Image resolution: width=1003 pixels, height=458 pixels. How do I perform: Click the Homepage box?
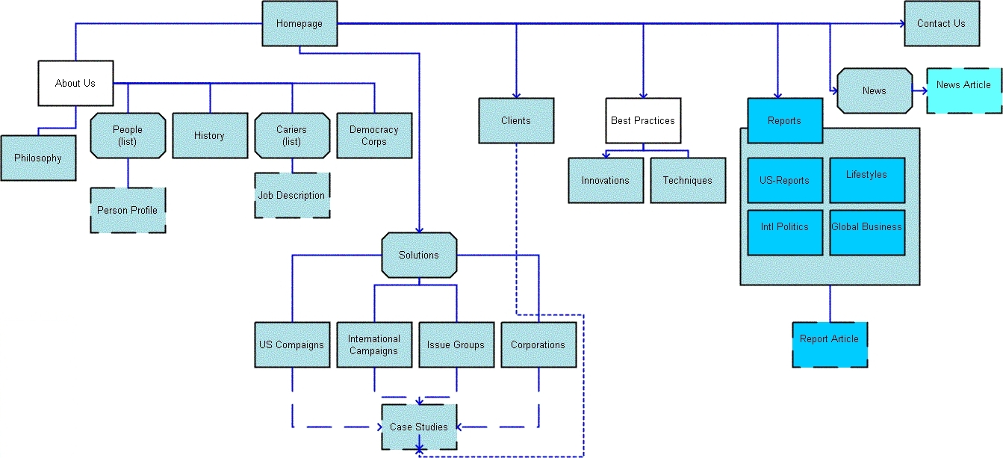pyautogui.click(x=299, y=24)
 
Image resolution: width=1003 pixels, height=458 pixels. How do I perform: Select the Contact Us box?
pyautogui.click(x=941, y=24)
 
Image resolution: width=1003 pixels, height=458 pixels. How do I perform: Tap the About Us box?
pyautogui.click(x=75, y=83)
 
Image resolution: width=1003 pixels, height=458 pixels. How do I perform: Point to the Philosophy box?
pyautogui.click(x=38, y=158)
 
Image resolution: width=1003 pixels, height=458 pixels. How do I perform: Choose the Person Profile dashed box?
pyautogui.click(x=128, y=211)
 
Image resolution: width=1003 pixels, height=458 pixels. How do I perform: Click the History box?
pyautogui.click(x=210, y=136)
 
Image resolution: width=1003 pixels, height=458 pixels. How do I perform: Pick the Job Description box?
pyautogui.click(x=292, y=196)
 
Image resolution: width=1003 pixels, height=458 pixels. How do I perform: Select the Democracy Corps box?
pyautogui.click(x=374, y=136)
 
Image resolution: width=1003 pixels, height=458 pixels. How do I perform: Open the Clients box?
pyautogui.click(x=516, y=121)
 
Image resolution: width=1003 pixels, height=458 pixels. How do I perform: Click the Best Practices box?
pyautogui.click(x=643, y=121)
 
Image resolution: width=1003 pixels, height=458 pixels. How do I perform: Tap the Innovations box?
pyautogui.click(x=606, y=181)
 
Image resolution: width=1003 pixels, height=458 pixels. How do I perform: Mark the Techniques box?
pyautogui.click(x=688, y=181)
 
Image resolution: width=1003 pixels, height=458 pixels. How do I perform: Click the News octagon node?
pyautogui.click(x=875, y=91)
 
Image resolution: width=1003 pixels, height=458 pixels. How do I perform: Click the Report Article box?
pyautogui.click(x=830, y=345)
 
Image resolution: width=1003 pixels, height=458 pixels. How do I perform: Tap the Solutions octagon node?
pyautogui.click(x=419, y=256)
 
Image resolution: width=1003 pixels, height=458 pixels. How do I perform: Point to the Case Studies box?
pyautogui.click(x=419, y=427)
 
